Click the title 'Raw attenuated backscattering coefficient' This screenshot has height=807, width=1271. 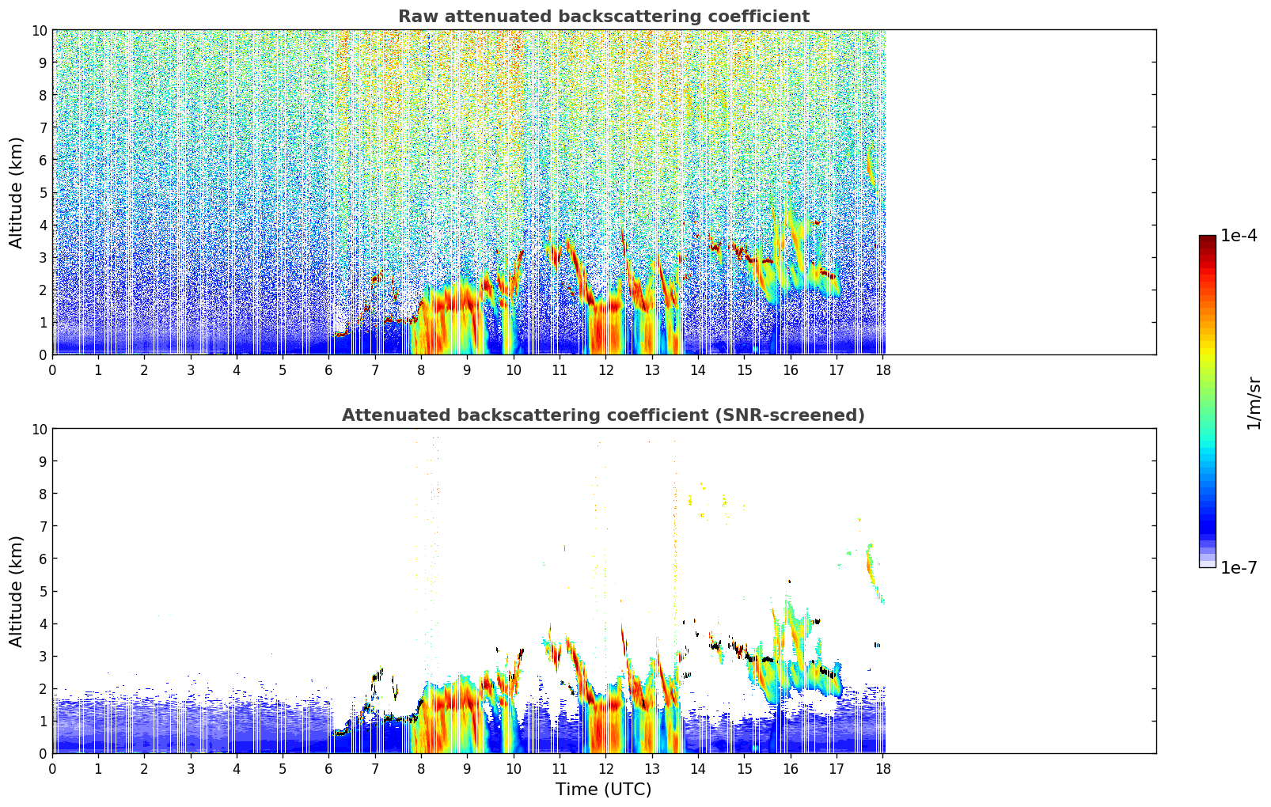pyautogui.click(x=603, y=17)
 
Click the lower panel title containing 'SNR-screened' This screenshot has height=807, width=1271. pyautogui.click(x=603, y=415)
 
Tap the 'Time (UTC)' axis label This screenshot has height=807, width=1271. pyautogui.click(x=603, y=789)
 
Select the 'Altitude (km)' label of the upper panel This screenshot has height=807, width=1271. pyautogui.click(x=17, y=192)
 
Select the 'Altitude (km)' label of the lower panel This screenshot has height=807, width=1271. pyautogui.click(x=17, y=591)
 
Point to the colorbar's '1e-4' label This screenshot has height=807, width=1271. pyautogui.click(x=1239, y=236)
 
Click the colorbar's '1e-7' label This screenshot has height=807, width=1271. pyautogui.click(x=1239, y=567)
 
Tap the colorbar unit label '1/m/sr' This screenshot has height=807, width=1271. pyautogui.click(x=1254, y=403)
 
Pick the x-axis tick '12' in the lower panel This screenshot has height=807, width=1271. pyautogui.click(x=605, y=768)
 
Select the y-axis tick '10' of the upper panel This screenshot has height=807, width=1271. pyautogui.click(x=39, y=30)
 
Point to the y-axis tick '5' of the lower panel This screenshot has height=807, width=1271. pyautogui.click(x=43, y=591)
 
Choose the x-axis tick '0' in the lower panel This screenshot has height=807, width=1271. pyautogui.click(x=52, y=768)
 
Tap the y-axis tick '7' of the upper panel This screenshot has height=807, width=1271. pyautogui.click(x=43, y=127)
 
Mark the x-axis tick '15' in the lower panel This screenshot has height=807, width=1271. pyautogui.click(x=744, y=768)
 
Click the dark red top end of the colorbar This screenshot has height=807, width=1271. pyautogui.click(x=1207, y=239)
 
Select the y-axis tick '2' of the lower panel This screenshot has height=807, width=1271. pyautogui.click(x=43, y=688)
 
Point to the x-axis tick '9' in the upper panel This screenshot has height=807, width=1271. pyautogui.click(x=467, y=369)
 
